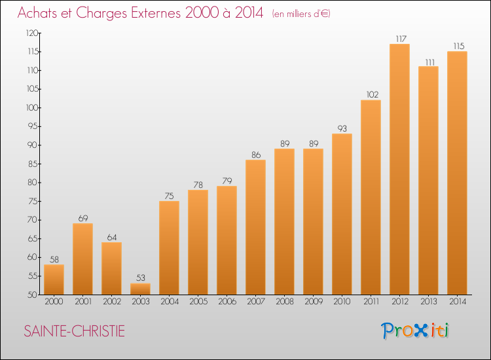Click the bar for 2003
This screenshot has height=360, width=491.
pos(140,289)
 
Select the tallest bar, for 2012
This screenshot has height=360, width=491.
pos(399,169)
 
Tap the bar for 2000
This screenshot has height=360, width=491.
pos(54,279)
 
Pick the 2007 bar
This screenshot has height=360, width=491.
pos(255,227)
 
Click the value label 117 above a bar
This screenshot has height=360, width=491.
pos(401,39)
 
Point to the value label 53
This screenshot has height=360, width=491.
pos(141,278)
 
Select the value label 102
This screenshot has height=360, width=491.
pos(373,94)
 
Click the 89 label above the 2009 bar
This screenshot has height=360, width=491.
pos(314,144)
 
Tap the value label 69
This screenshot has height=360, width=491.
pos(83,218)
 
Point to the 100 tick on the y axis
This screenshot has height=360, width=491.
pos(32,108)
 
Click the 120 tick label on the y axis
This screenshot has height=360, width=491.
pos(32,33)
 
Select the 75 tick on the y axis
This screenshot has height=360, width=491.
pos(33,202)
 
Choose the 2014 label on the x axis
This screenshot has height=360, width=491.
pos(458,302)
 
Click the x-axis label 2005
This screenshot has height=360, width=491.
pos(198,302)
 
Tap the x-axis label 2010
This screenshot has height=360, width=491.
pos(342,302)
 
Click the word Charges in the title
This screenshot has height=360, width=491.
pos(101,13)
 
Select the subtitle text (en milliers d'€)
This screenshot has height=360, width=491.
pos(301,14)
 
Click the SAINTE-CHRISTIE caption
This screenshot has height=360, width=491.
pos(74,331)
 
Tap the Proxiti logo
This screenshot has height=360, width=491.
pos(415,331)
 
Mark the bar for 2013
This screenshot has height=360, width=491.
pos(428,180)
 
